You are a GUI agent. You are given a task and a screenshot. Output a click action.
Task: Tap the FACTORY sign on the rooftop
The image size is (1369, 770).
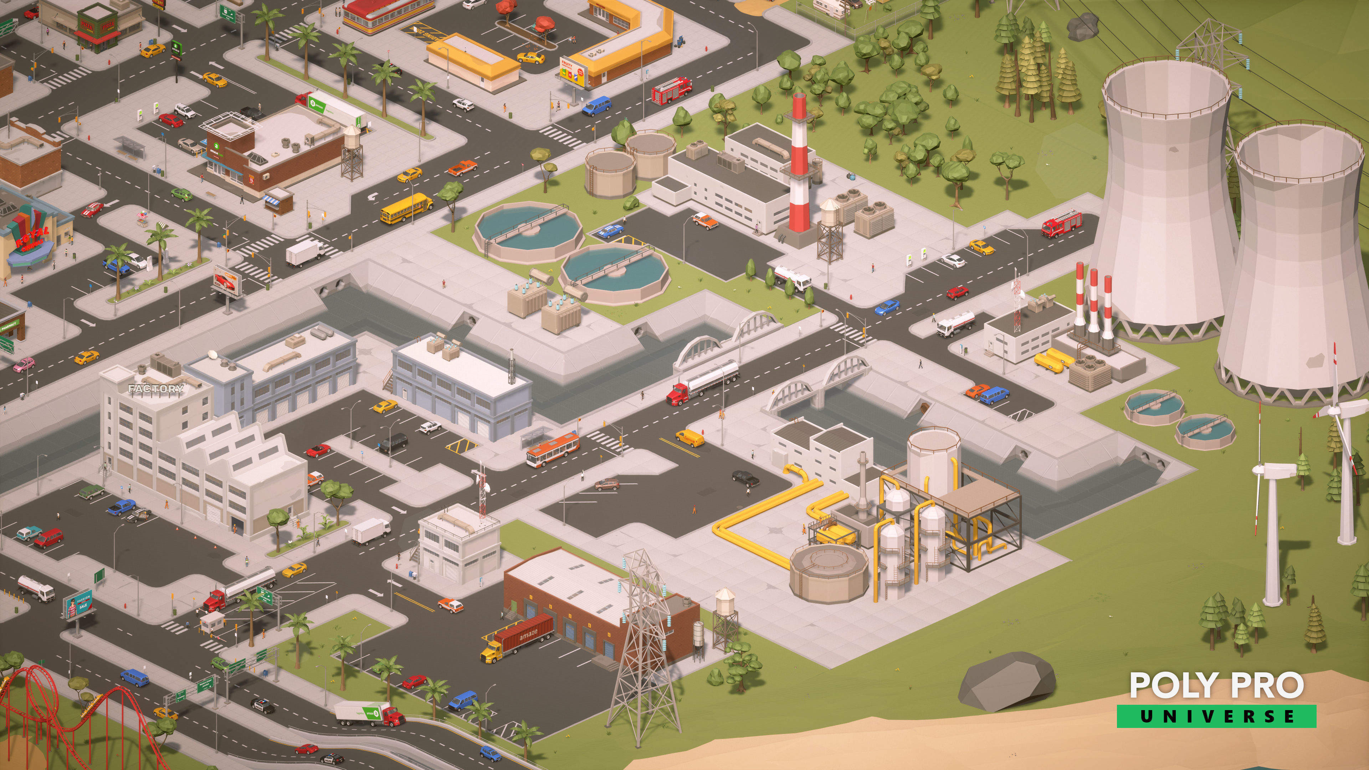156,389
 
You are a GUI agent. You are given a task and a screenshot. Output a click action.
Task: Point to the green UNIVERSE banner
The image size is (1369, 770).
1216,716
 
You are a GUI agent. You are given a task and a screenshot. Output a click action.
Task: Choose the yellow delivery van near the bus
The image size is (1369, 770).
689,437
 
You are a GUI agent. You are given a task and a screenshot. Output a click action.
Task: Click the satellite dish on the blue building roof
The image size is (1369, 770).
214,354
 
